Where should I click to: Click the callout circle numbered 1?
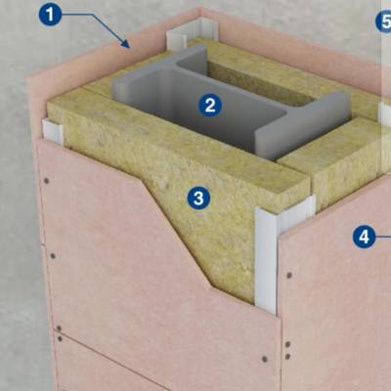(50, 15)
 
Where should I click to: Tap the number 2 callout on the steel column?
(210, 106)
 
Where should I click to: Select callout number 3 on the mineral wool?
(198, 198)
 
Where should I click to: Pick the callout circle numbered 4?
(364, 237)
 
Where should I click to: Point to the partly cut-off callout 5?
(384, 22)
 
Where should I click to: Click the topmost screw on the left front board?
(47, 180)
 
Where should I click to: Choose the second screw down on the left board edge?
(53, 256)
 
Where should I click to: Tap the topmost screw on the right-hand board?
(288, 276)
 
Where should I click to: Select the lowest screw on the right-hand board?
(287, 357)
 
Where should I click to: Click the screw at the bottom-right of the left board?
(265, 359)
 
